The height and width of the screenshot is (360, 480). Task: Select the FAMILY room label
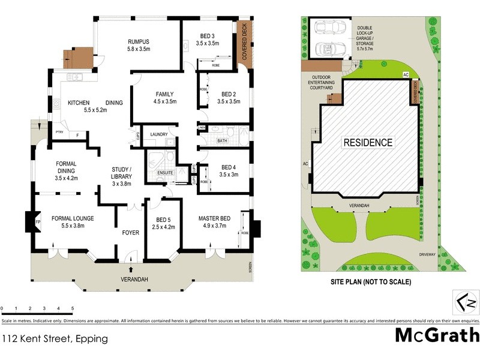coord(164,94)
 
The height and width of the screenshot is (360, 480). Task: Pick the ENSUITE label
coord(165,173)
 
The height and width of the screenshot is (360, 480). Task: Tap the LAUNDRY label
coord(159,134)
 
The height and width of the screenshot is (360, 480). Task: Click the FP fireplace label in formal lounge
coord(38,222)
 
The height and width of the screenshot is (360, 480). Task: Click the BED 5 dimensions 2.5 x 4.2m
coord(163,227)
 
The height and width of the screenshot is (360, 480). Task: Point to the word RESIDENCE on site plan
coord(368,143)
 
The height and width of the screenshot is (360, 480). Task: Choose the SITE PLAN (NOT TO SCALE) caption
coord(365,281)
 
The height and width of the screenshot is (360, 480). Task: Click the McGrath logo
coord(436,335)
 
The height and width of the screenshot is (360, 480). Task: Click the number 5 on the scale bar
coord(73,308)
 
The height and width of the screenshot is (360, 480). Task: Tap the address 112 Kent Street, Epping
coord(55,339)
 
